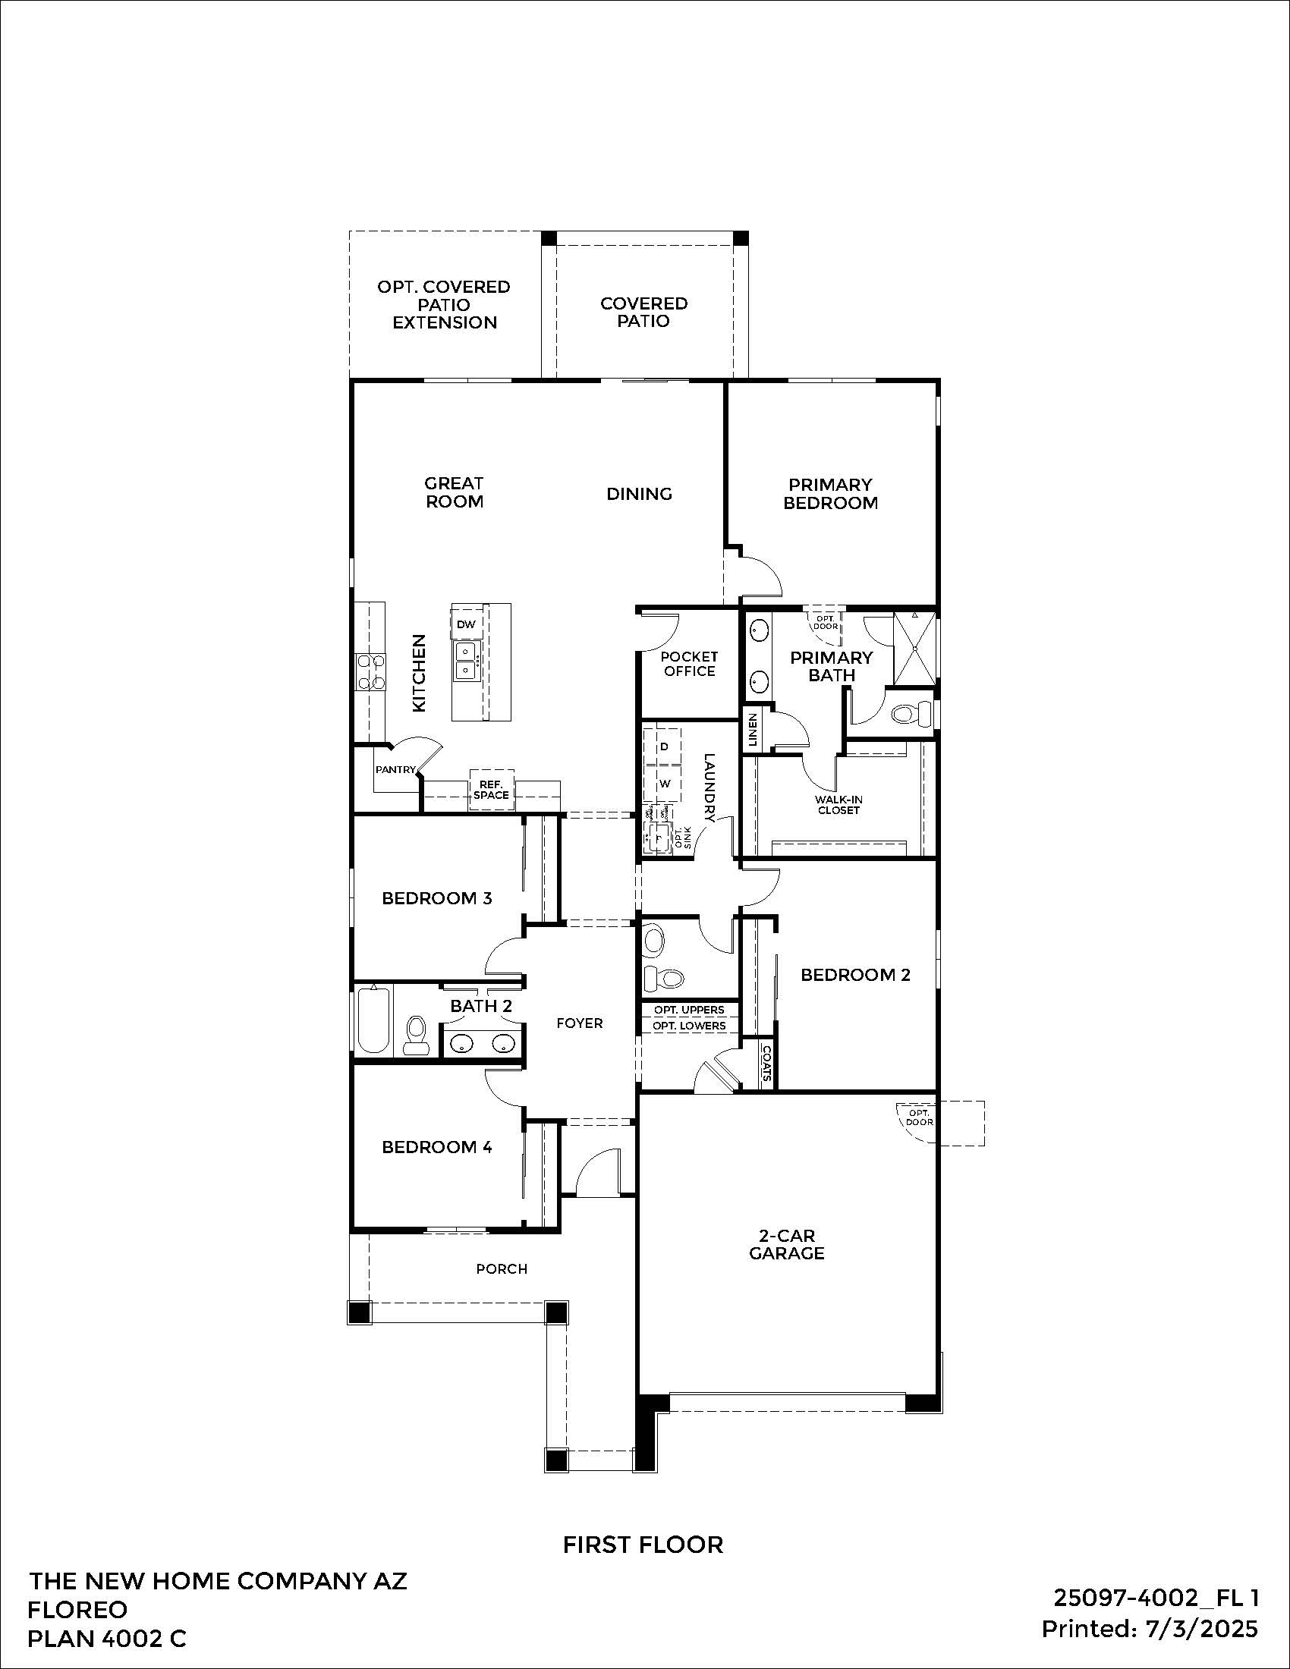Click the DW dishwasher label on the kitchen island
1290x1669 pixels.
466,624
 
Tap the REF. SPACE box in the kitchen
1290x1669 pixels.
491,790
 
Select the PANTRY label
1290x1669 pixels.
395,769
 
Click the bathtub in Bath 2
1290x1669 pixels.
373,1021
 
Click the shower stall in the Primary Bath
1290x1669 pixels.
915,648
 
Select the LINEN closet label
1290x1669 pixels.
753,731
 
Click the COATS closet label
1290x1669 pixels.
766,1063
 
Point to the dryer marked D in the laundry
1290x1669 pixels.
664,746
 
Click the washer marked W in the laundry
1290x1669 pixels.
664,784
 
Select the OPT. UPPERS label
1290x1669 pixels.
688,1010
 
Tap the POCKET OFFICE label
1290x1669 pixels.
689,664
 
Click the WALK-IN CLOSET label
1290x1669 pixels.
838,805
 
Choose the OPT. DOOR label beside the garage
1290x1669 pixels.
920,1118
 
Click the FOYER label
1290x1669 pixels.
579,1023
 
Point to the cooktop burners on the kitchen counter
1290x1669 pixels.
370,672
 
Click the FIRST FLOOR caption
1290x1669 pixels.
643,1545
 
